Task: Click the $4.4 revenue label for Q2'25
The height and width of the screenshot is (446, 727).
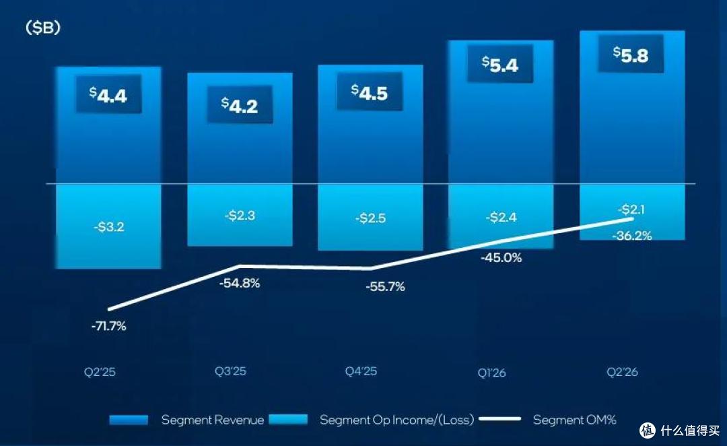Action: pos(108,95)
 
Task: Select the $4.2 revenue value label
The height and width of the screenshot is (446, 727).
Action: pos(239,105)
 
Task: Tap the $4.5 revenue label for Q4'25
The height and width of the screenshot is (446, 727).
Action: pos(370,92)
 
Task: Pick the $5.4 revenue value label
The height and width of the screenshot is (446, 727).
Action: pos(499,64)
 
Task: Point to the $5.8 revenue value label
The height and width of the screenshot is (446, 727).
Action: pos(631,55)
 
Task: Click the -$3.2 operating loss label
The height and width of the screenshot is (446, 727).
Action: pos(109,226)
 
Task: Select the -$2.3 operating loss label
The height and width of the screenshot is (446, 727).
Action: pos(240,216)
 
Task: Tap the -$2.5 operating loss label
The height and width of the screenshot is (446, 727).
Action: pos(370,218)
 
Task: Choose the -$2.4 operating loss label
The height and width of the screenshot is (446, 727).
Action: pos(501,217)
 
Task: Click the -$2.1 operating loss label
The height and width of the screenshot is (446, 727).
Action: pos(631,210)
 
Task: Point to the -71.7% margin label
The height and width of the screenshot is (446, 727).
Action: pos(109,326)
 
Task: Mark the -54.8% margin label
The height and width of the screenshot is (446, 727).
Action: pos(239,283)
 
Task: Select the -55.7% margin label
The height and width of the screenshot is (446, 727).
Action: pos(385,287)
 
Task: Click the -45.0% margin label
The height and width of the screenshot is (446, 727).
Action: pos(501,257)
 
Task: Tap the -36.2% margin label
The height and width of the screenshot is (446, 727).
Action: pos(631,236)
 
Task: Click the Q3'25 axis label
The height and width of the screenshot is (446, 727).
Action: pos(230,371)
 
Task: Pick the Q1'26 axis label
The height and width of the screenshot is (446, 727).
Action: pos(491,373)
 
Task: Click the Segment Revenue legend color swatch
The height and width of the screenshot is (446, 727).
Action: pos(129,420)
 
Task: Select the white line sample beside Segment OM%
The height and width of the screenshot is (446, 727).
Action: pos(499,419)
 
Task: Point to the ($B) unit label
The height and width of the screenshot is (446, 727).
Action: pos(43,28)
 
